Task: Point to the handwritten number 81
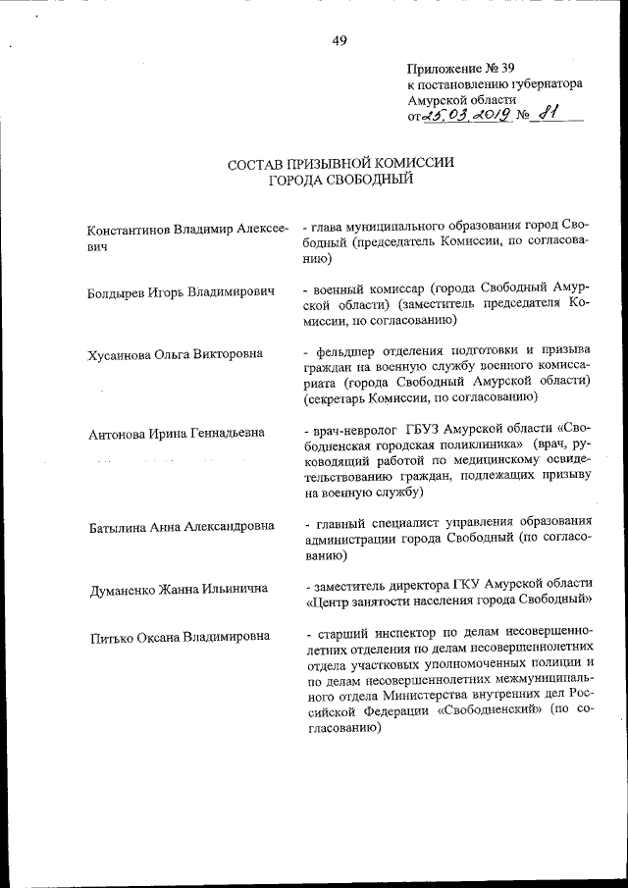coord(547,114)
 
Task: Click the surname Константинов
coord(130,229)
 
